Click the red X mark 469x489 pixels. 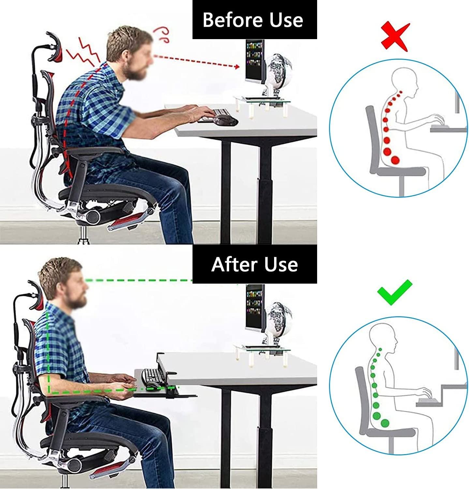(395, 37)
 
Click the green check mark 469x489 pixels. (394, 292)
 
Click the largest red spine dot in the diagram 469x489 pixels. (395, 160)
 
